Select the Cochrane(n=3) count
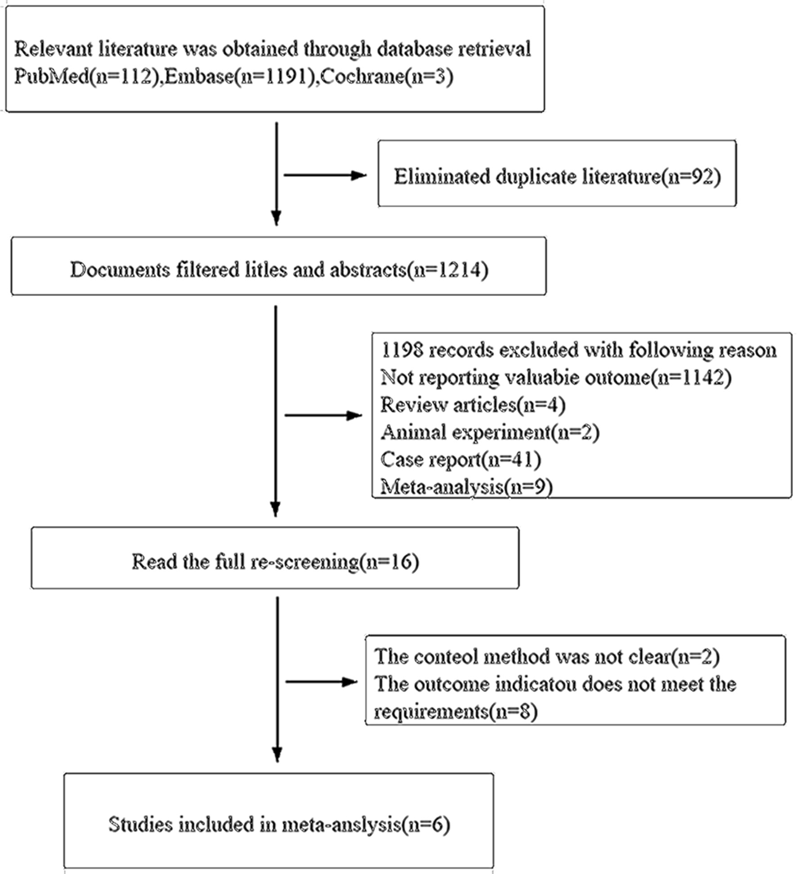tap(387, 77)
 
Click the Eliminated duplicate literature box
tap(557, 174)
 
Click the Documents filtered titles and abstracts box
tap(279, 266)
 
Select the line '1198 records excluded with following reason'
tap(578, 350)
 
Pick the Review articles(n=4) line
tap(473, 405)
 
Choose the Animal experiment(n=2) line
tap(490, 432)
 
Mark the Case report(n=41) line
tap(461, 459)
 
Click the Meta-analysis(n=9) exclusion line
tap(466, 486)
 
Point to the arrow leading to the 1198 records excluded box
tap(324, 415)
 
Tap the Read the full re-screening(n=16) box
tap(275, 558)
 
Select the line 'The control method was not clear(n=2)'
tap(547, 657)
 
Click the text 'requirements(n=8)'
tap(456, 712)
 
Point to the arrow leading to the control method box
tap(322, 682)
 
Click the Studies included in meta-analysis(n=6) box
tap(279, 820)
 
